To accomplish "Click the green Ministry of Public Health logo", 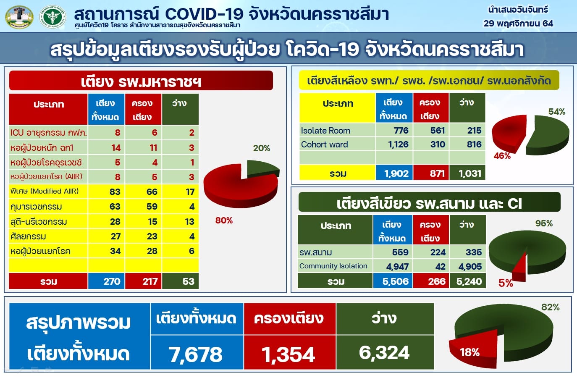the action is pyautogui.click(x=52, y=17).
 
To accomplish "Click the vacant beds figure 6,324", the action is pyautogui.click(x=384, y=353).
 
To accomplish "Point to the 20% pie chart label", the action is pyautogui.click(x=262, y=148).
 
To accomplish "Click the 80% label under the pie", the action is pyautogui.click(x=224, y=220).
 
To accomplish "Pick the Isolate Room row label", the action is pyautogui.click(x=325, y=131).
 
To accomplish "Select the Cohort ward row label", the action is pyautogui.click(x=324, y=144).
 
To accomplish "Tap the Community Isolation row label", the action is pyautogui.click(x=333, y=266).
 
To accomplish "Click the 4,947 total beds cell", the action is pyautogui.click(x=397, y=266).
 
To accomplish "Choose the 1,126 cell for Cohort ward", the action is pyautogui.click(x=398, y=144).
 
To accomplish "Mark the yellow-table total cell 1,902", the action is pyautogui.click(x=396, y=173).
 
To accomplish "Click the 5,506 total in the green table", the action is pyautogui.click(x=396, y=281).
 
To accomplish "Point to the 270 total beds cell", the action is pyautogui.click(x=112, y=281).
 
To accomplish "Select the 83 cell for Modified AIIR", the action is pyautogui.click(x=115, y=192).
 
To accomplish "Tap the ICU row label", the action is pyautogui.click(x=48, y=133).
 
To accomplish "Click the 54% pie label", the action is pyautogui.click(x=557, y=112).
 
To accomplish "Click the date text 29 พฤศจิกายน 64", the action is pyautogui.click(x=518, y=24).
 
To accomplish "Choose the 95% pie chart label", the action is pyautogui.click(x=544, y=223).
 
